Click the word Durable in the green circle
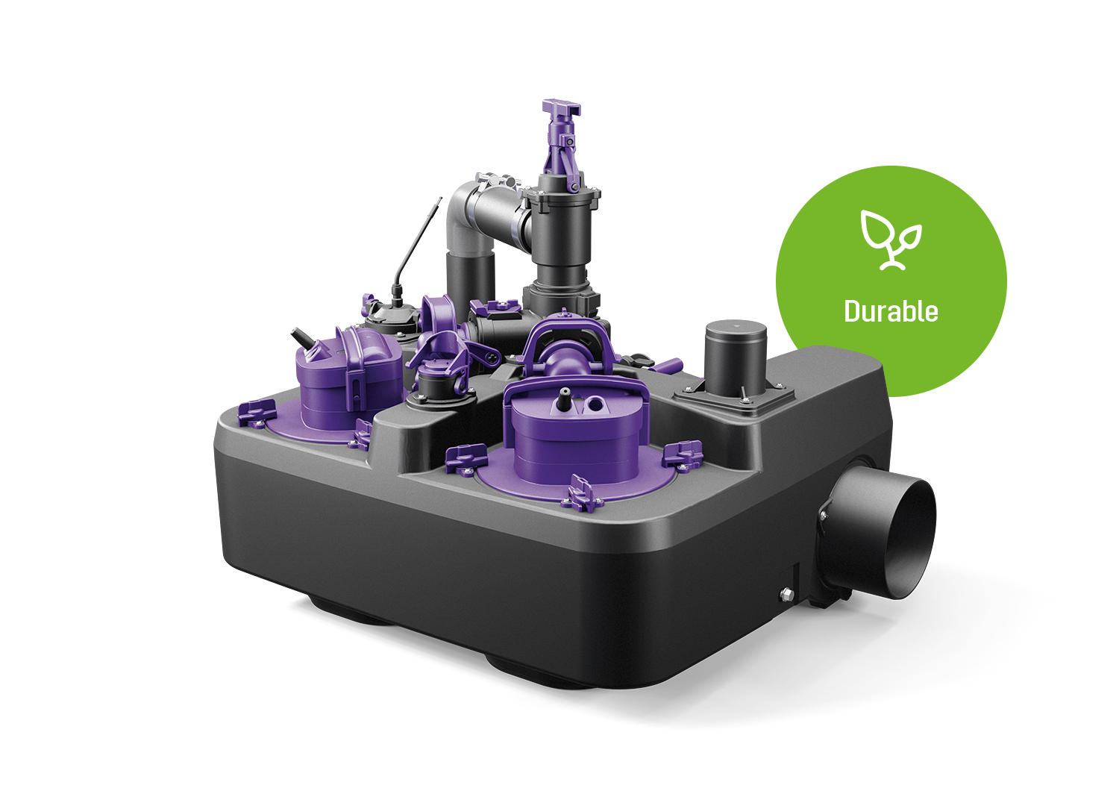click(891, 311)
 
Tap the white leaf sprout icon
click(891, 240)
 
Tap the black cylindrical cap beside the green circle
click(736, 357)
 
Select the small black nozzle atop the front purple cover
click(565, 394)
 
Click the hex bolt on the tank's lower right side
click(786, 594)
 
